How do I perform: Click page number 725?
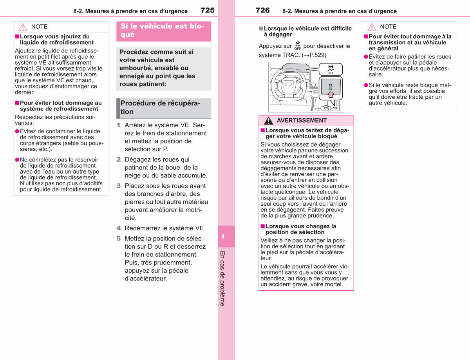tap(208, 10)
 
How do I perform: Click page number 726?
tap(262, 10)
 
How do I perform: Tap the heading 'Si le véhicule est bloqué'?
tap(162, 30)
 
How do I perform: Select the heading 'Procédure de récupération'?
tap(160, 107)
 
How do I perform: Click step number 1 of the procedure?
tap(118, 125)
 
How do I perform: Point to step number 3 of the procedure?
tap(119, 186)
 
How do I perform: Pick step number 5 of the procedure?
tap(119, 239)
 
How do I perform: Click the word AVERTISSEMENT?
tap(302, 120)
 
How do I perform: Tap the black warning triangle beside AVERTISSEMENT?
tap(268, 121)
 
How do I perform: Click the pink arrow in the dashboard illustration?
tap(331, 94)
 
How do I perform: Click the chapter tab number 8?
tap(223, 237)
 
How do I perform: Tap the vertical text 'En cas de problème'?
tap(222, 279)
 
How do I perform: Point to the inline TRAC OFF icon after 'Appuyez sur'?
tap(298, 45)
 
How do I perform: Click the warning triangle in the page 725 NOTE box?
tap(23, 27)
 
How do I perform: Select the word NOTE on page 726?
tap(388, 27)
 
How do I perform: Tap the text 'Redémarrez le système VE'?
tap(164, 228)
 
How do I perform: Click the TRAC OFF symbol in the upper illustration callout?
tap(331, 69)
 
